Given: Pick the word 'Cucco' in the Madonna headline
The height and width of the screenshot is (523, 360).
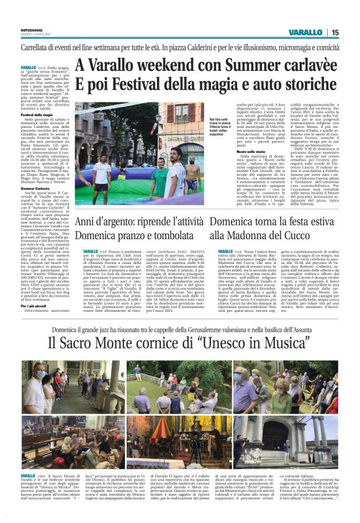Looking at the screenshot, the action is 320,236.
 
